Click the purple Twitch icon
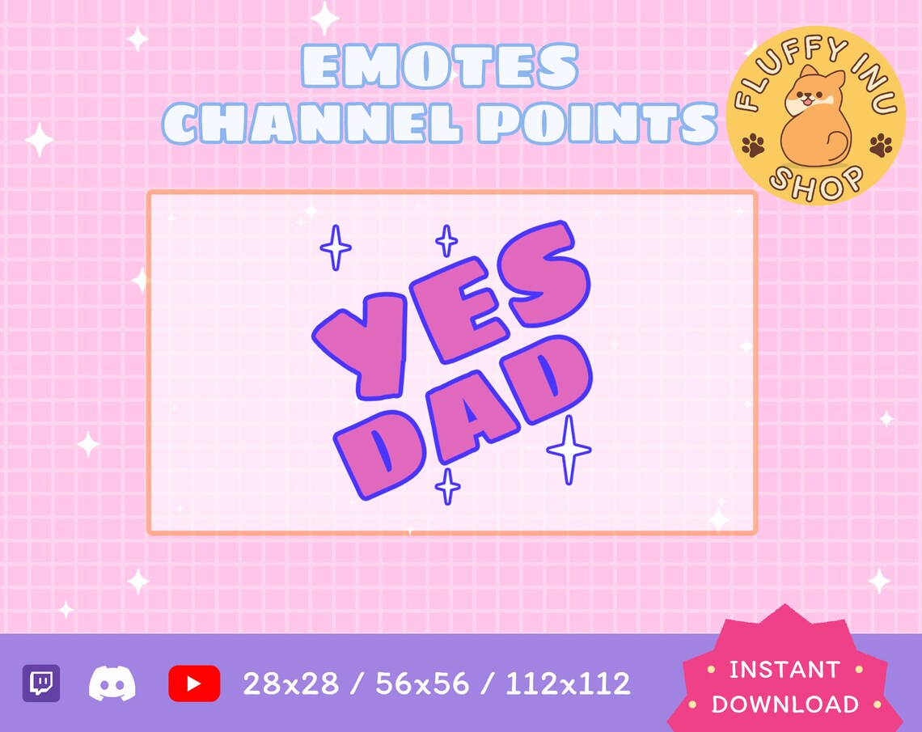pyautogui.click(x=40, y=684)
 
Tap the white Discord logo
pyautogui.click(x=112, y=684)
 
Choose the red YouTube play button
pyautogui.click(x=194, y=684)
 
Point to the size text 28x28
pyautogui.click(x=291, y=684)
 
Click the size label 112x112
pyautogui.click(x=568, y=684)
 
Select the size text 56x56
pyautogui.click(x=422, y=684)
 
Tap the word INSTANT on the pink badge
pyautogui.click(x=785, y=671)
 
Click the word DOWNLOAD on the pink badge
pyautogui.click(x=785, y=704)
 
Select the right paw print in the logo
pyautogui.click(x=881, y=146)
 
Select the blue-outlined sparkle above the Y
pyautogui.click(x=335, y=248)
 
